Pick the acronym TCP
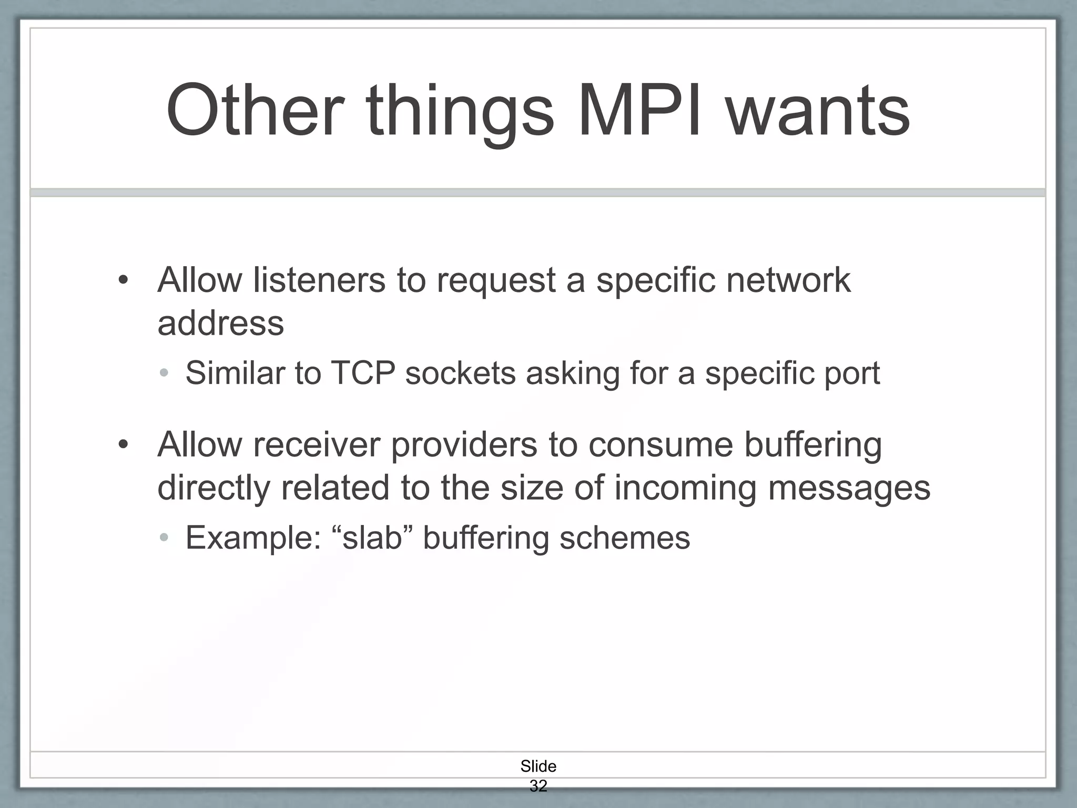tap(362, 373)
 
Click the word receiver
tap(316, 445)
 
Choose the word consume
tap(660, 445)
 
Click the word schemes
tap(624, 538)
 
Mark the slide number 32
tap(538, 786)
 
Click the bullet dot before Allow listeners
tap(123, 280)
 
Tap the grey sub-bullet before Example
tap(164, 538)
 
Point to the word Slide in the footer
tap(538, 766)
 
